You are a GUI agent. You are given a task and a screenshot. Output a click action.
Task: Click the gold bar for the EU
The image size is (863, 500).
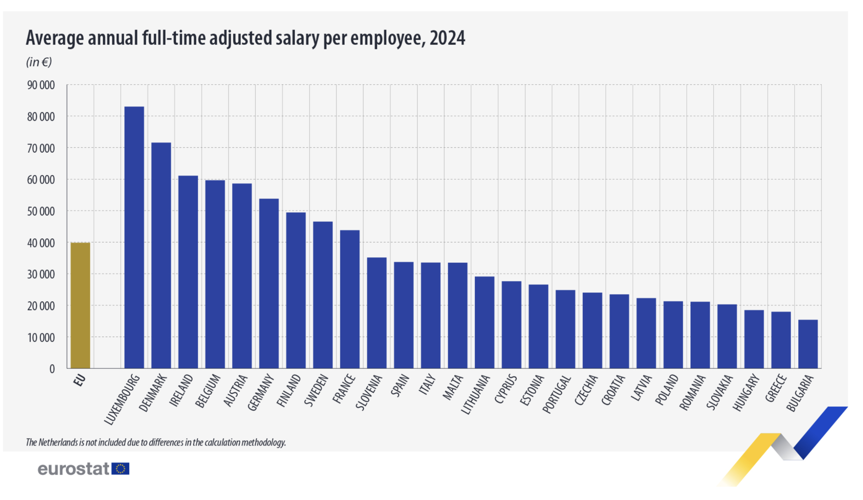point(80,305)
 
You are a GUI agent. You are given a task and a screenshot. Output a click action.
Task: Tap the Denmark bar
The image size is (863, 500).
point(161,255)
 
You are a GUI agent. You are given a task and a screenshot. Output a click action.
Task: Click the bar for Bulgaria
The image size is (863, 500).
point(808,344)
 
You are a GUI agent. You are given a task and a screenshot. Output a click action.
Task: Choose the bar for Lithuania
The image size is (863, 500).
point(484,322)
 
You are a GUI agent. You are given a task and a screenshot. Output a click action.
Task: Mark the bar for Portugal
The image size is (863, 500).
point(565,329)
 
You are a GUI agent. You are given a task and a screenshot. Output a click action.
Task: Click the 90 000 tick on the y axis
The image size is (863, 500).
point(41,85)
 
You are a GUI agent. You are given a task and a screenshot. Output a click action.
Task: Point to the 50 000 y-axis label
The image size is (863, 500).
point(41,212)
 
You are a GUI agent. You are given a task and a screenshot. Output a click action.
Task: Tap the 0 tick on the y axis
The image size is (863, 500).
point(52,369)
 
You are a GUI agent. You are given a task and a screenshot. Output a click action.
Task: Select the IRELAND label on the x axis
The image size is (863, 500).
point(181,390)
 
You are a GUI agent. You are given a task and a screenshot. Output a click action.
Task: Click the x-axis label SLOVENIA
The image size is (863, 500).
point(369,392)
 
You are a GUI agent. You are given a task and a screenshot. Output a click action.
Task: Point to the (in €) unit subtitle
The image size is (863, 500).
point(39,62)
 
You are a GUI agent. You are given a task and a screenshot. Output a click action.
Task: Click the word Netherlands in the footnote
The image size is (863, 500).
point(58,442)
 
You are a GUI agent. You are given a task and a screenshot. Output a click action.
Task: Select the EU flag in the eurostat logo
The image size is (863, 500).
point(121,469)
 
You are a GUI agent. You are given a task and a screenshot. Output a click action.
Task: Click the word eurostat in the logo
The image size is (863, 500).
point(73,469)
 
